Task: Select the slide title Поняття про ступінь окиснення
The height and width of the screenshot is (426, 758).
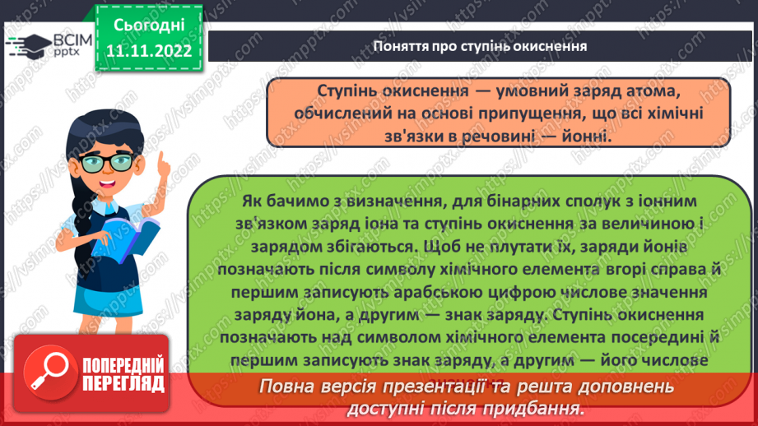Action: click(x=480, y=45)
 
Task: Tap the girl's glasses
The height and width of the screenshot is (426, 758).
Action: click(x=114, y=161)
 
